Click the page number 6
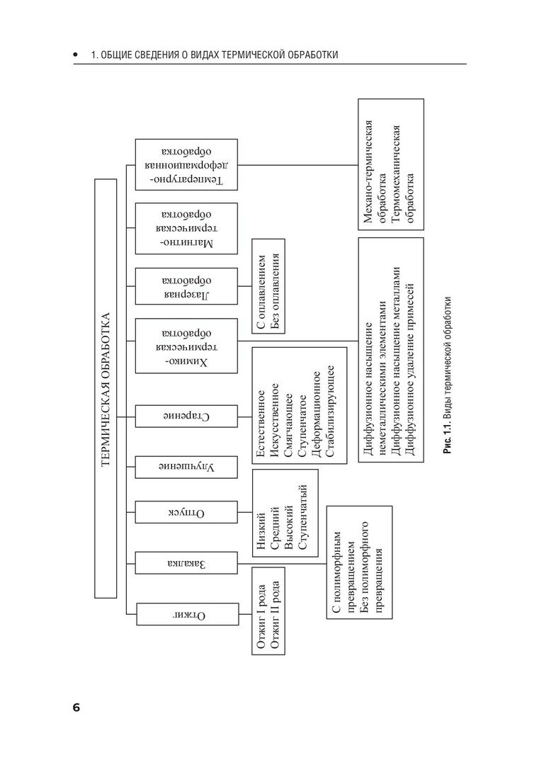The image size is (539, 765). pyautogui.click(x=76, y=709)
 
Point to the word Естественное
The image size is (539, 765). pyautogui.click(x=262, y=422)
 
